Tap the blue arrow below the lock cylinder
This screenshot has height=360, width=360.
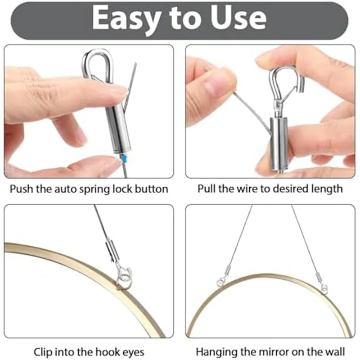[x=124, y=157]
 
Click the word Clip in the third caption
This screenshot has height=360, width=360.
[x=43, y=351]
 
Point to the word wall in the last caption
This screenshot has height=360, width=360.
[x=336, y=351]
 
